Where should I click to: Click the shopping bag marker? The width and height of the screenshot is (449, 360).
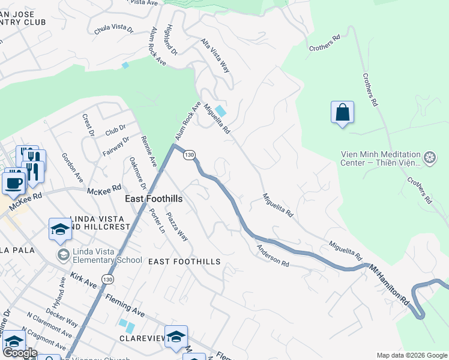342,112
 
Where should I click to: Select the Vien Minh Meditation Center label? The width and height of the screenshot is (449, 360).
381,158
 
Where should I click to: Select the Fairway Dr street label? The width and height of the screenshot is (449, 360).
116,146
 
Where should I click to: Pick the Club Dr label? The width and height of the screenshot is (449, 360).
115,128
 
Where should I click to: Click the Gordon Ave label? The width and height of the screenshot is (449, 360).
72,167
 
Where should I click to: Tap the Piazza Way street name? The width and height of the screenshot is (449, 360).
177,226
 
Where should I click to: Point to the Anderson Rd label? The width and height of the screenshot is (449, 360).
273,256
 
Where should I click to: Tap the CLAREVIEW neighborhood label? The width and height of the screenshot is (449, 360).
142,338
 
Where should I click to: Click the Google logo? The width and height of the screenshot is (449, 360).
19,353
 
